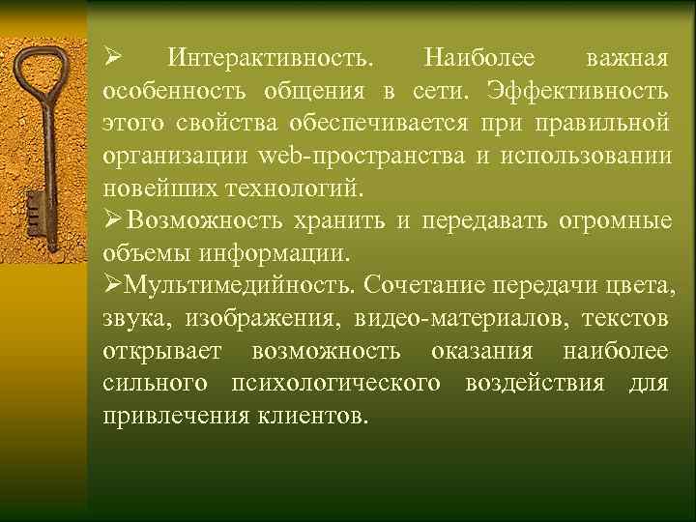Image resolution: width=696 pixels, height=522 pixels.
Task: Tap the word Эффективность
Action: pyautogui.click(x=577, y=91)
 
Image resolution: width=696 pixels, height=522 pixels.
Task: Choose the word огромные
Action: pyautogui.click(x=615, y=220)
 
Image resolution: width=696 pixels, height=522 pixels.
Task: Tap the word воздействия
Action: pyautogui.click(x=535, y=384)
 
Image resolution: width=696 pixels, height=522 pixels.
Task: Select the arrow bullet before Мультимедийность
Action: pyautogui.click(x=110, y=286)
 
